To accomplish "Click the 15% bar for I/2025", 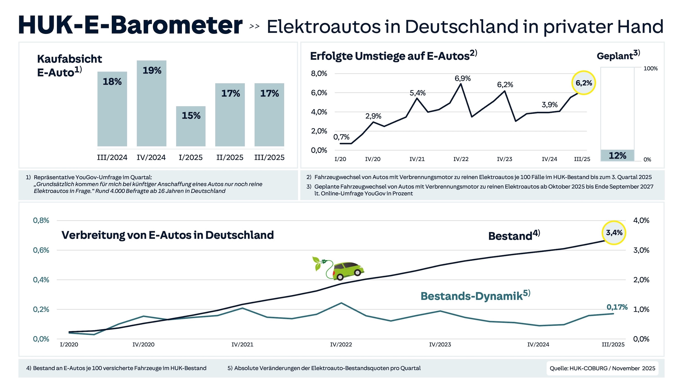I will [x=191, y=126].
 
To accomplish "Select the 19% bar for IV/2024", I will [x=151, y=103].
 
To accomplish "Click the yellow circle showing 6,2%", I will [x=583, y=83].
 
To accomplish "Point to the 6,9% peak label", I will [x=462, y=79].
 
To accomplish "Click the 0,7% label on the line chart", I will [x=341, y=137].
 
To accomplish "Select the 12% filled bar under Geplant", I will [x=617, y=155].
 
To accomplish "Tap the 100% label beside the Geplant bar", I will [x=650, y=69].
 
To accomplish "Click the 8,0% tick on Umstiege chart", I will [x=319, y=74].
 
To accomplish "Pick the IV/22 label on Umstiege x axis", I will [x=461, y=159].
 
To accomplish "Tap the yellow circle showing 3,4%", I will [x=614, y=233].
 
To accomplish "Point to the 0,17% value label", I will [x=617, y=307].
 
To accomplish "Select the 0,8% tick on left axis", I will [x=41, y=220].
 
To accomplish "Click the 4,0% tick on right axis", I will [x=641, y=220].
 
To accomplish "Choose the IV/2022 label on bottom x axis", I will [x=341, y=345].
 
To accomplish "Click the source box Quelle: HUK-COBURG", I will [x=602, y=368].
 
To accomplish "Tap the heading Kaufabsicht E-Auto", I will [x=69, y=66].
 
